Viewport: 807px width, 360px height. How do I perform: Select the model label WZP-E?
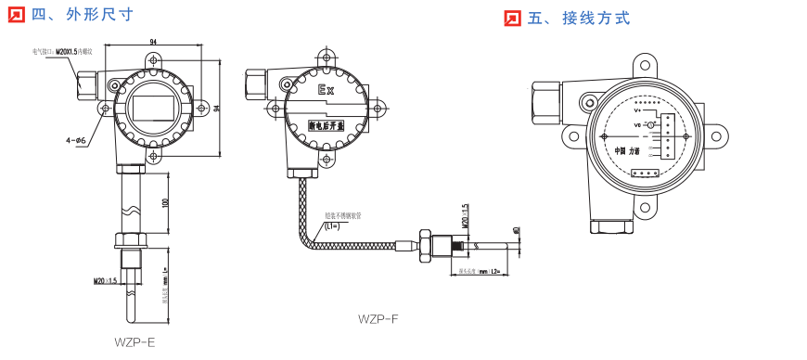click(134, 341)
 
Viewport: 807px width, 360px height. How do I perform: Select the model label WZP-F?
click(378, 318)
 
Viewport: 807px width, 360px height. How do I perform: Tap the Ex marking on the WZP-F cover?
click(326, 91)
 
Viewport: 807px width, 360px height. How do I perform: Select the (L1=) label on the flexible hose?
click(332, 225)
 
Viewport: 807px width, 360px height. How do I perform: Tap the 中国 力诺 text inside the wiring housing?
click(627, 150)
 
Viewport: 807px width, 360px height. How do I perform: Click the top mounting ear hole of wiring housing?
click(647, 65)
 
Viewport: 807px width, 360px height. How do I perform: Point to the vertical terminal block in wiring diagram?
click(668, 137)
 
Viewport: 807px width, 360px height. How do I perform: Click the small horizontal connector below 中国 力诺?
click(644, 173)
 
